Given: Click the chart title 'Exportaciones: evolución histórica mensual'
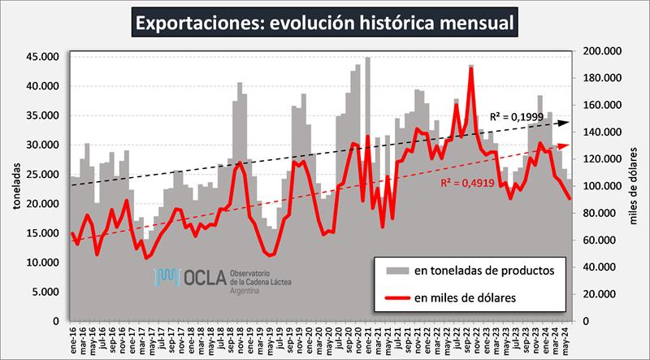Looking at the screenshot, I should coord(325,22).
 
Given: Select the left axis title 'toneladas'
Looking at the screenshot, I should coord(15,188).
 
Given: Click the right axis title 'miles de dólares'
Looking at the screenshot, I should coord(636,188).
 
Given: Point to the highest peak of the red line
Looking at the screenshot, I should coord(471,68).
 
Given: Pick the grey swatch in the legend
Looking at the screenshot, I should coord(397,269).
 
